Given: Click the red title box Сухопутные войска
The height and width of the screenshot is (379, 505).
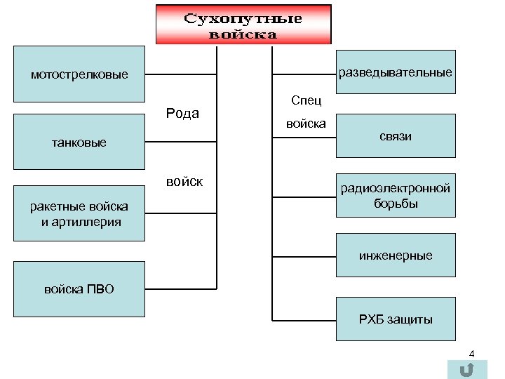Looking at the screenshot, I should point(243,25).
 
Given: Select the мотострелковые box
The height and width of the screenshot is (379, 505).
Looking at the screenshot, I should point(79,74).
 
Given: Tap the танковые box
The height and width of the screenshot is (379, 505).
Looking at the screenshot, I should point(79,143).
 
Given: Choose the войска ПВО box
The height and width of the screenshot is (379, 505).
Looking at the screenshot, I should point(79,288).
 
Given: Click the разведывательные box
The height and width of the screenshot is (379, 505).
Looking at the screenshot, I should point(396,72).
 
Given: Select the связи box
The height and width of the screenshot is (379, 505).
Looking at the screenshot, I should point(396,136).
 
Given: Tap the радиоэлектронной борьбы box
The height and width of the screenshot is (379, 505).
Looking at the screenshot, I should point(396,196).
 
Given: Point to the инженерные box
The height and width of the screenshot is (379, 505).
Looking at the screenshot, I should point(396,255).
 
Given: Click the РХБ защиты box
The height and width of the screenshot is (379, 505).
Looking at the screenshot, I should point(396,319).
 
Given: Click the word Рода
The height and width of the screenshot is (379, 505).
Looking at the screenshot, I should point(182,114).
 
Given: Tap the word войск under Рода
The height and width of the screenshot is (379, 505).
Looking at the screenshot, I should point(184,182).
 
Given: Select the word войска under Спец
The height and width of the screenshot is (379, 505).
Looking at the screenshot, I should point(305,124).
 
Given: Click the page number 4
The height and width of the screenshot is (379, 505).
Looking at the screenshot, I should point(472,354).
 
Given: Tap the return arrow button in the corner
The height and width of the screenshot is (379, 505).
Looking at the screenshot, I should point(463,370).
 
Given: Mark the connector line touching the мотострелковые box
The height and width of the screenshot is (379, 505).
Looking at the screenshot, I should point(181,74).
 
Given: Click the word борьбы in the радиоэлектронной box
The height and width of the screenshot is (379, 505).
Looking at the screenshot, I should point(396,204).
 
